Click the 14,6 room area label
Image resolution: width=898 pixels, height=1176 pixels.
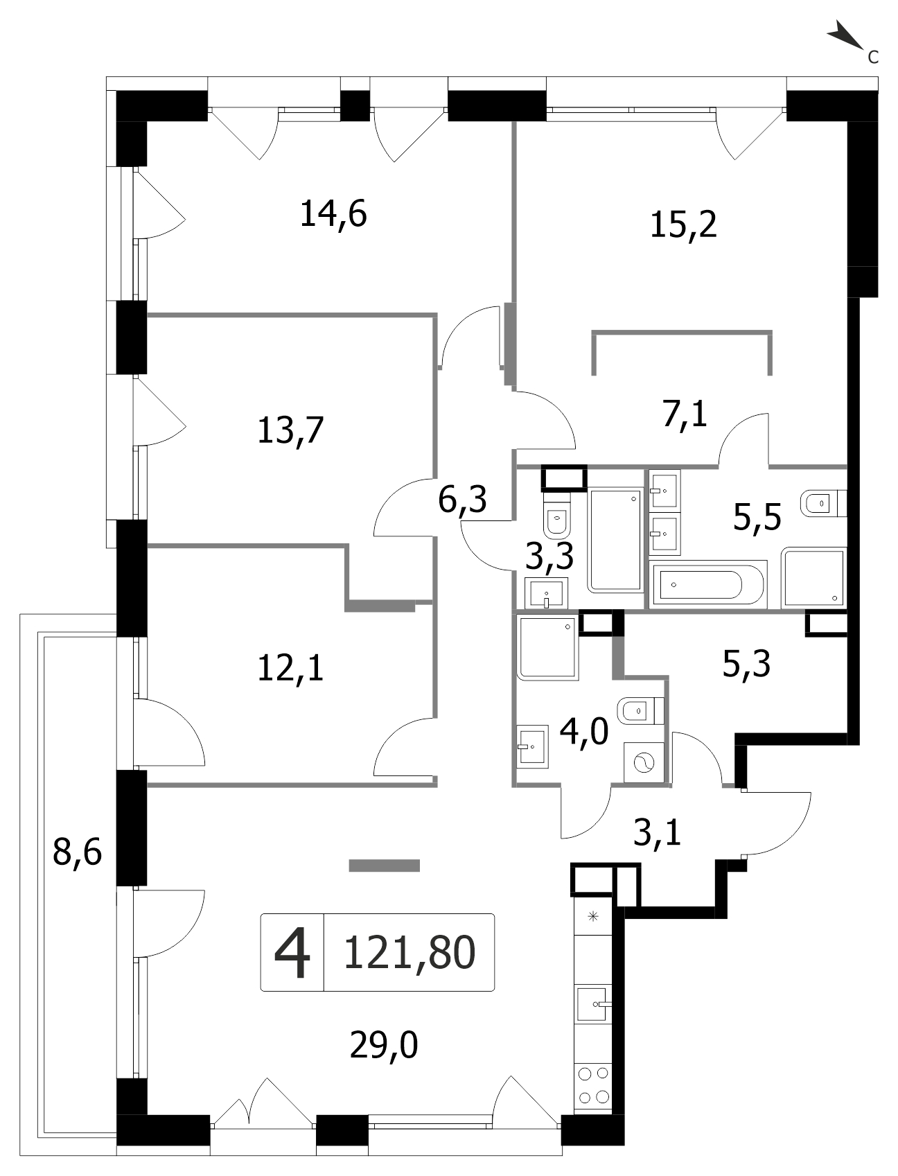(333, 213)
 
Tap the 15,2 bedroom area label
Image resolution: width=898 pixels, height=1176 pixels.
(683, 225)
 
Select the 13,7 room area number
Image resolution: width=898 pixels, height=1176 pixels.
(290, 431)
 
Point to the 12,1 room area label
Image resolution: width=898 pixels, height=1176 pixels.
(290, 669)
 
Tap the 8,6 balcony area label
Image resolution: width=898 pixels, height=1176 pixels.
(78, 852)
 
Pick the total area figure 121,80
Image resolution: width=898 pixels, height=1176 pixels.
(410, 951)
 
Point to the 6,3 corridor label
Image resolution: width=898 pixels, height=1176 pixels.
(463, 500)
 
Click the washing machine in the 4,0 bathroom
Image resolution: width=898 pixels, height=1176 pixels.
(644, 763)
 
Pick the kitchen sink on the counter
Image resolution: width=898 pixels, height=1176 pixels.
(595, 1002)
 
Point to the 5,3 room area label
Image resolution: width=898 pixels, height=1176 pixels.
(747, 665)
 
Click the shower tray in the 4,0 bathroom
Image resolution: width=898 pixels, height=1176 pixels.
(547, 647)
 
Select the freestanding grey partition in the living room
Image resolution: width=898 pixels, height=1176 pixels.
(385, 865)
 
